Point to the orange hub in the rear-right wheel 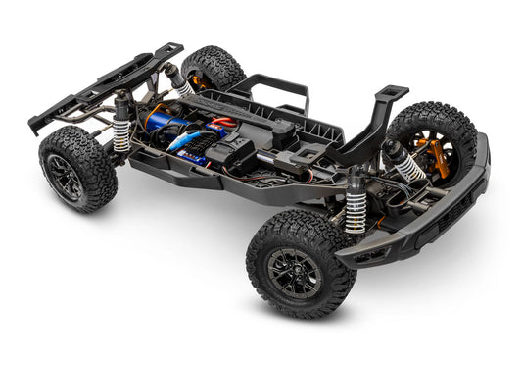tap(203, 75)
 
